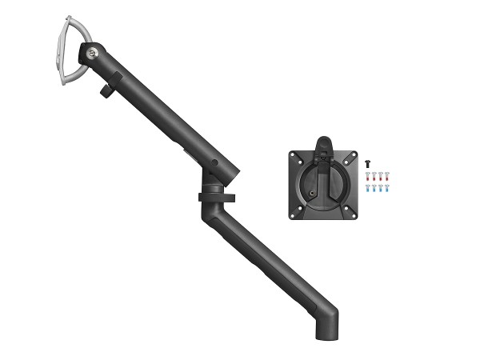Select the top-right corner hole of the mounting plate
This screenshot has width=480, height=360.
pyautogui.click(x=349, y=157)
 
